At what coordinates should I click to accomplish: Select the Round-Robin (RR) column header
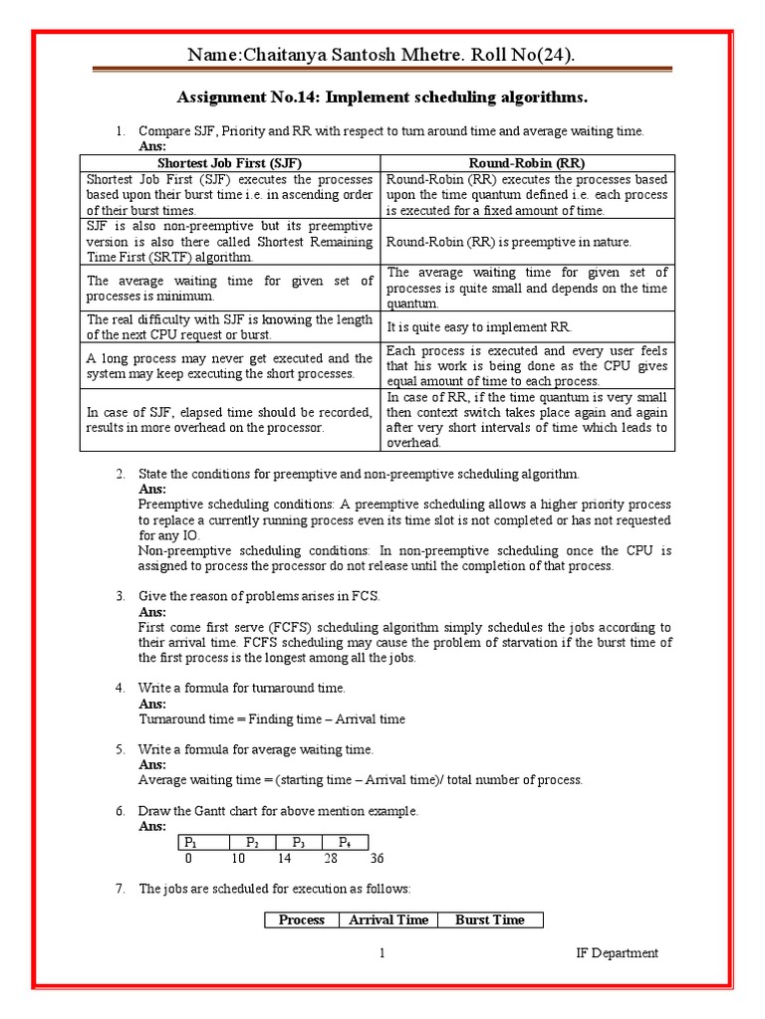(528, 162)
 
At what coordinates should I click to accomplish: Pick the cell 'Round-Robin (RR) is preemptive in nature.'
(508, 242)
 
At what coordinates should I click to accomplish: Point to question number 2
(119, 474)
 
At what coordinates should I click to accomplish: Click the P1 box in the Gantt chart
(200, 842)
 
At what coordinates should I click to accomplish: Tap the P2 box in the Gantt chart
(252, 842)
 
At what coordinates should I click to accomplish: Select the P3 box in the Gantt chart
(298, 842)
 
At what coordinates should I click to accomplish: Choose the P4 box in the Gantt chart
(345, 842)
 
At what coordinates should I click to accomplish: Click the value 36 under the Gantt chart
(376, 859)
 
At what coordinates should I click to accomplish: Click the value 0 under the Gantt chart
(188, 859)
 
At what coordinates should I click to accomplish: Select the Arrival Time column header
(387, 920)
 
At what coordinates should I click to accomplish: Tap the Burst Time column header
(489, 920)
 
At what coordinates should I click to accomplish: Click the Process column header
(301, 920)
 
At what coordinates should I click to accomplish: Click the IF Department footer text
(617, 953)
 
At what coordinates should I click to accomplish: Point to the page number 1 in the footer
(381, 953)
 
